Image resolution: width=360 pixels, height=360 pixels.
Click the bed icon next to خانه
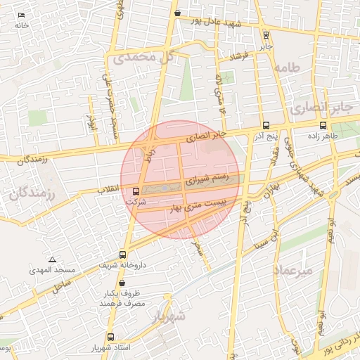tap(21, 15)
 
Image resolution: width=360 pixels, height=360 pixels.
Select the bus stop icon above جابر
tap(266, 34)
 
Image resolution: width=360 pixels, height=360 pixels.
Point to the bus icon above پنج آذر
tap(264, 125)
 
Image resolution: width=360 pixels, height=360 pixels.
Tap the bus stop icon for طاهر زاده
tap(323, 125)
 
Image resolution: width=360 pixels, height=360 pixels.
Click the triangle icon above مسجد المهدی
tap(52, 259)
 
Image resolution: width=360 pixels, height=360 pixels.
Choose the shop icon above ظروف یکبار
tap(122, 283)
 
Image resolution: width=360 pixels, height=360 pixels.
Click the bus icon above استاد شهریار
tap(110, 337)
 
